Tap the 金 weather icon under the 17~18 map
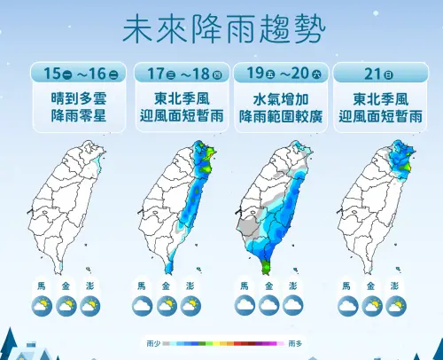point(167,305)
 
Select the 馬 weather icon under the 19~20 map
point(245,305)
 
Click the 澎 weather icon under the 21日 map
point(398,305)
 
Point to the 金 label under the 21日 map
point(373,286)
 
